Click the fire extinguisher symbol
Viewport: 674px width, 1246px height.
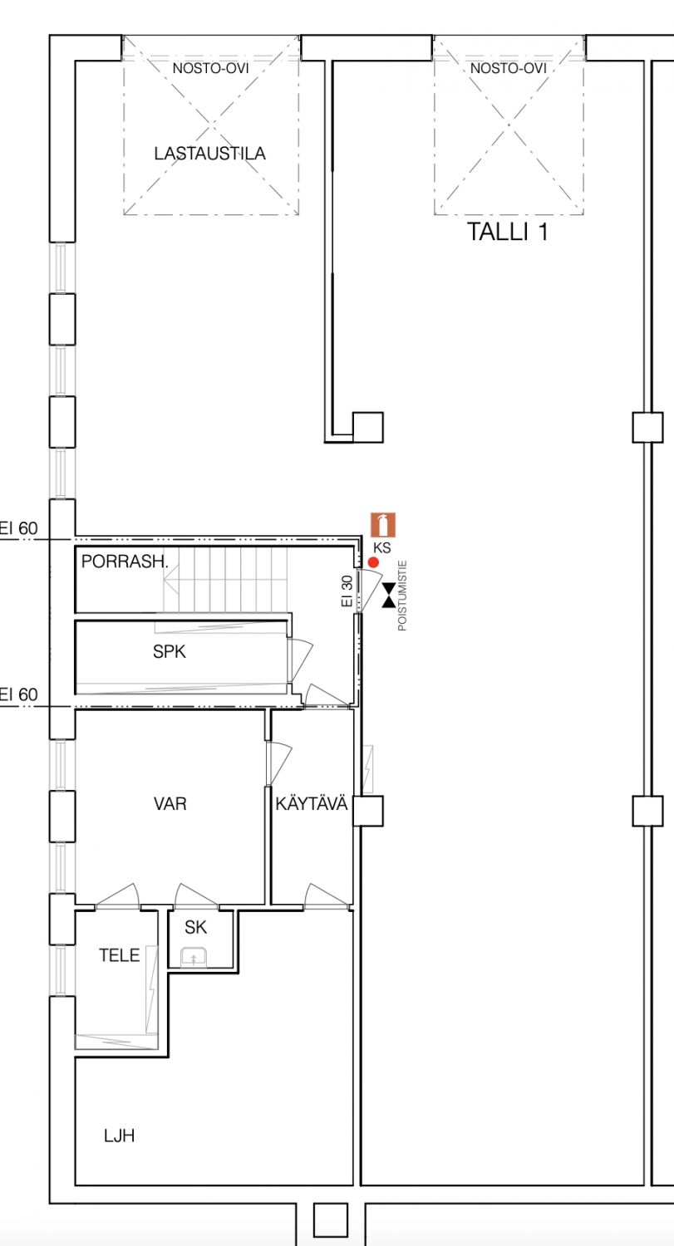383,525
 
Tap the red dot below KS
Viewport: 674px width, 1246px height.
373,562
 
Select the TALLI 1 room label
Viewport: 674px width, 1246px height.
508,232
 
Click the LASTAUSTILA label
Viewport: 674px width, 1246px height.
209,154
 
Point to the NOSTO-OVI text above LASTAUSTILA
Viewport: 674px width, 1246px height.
210,68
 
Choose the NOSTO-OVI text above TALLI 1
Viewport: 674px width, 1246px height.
508,68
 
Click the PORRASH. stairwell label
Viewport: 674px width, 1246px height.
125,562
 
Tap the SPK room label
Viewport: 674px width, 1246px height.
170,651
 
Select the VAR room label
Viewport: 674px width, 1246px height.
170,804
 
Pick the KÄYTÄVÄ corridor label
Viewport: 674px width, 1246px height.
311,803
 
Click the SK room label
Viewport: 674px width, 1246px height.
195,927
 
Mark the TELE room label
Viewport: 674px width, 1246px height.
119,955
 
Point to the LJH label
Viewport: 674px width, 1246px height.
119,1136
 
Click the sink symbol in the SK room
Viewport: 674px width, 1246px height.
193,958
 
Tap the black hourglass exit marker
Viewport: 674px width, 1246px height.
388,596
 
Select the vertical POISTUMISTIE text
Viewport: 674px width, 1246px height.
402,596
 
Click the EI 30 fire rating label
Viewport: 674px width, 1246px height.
347,591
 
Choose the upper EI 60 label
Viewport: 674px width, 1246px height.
19,527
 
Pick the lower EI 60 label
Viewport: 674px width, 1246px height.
19,694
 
